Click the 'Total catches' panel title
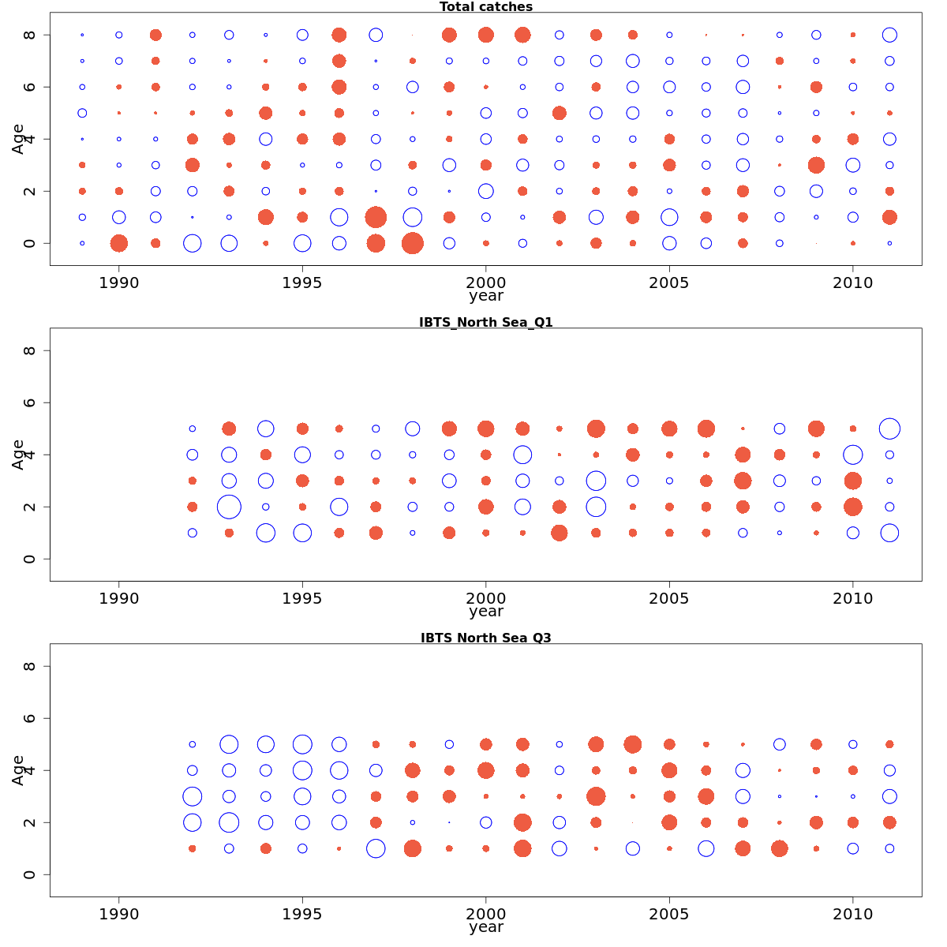[x=485, y=7]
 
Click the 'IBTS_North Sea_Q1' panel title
[x=485, y=322]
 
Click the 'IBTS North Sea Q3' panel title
[x=485, y=638]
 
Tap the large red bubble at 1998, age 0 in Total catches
[x=412, y=243]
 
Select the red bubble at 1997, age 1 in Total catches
[x=376, y=217]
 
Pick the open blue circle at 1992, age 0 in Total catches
[x=192, y=243]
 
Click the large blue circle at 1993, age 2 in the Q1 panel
[x=229, y=507]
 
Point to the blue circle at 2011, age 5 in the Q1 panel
[x=889, y=429]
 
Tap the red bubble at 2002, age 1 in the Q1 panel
[x=559, y=533]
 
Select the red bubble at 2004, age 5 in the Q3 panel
[x=632, y=744]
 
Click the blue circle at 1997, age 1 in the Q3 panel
[x=376, y=848]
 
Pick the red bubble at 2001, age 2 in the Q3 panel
[x=522, y=822]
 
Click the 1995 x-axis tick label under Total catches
[x=302, y=283]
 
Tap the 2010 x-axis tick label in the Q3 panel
[x=852, y=914]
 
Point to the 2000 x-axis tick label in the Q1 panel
[x=485, y=598]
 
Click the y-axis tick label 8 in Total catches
[x=30, y=35]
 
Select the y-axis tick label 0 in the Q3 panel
[x=30, y=874]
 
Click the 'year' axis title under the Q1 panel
[x=485, y=612]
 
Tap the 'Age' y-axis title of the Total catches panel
[x=18, y=139]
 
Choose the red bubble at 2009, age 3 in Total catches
[x=816, y=165]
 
